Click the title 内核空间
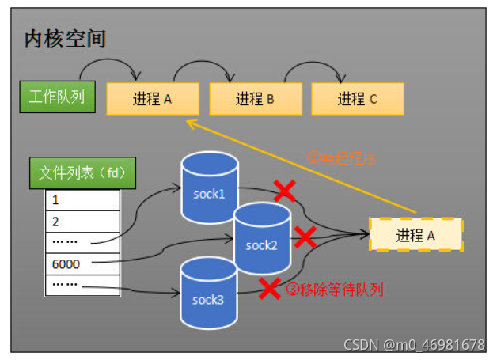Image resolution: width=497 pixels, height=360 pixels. (x=66, y=39)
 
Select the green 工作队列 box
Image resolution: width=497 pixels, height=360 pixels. (x=57, y=97)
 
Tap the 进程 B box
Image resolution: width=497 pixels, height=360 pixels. (x=255, y=99)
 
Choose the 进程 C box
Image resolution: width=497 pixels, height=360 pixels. (x=358, y=99)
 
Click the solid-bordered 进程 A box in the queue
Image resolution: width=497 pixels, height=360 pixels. (x=153, y=99)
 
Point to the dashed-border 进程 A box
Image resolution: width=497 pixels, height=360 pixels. (x=415, y=235)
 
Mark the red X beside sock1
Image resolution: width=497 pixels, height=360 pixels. (x=284, y=191)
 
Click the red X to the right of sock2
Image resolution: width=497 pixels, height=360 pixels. (x=305, y=237)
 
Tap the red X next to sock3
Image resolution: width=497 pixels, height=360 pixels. (x=271, y=288)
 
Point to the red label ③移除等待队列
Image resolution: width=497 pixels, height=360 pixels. (x=334, y=290)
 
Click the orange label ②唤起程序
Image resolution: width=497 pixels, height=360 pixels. (x=340, y=157)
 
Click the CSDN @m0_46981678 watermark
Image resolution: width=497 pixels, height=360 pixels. (x=414, y=345)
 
